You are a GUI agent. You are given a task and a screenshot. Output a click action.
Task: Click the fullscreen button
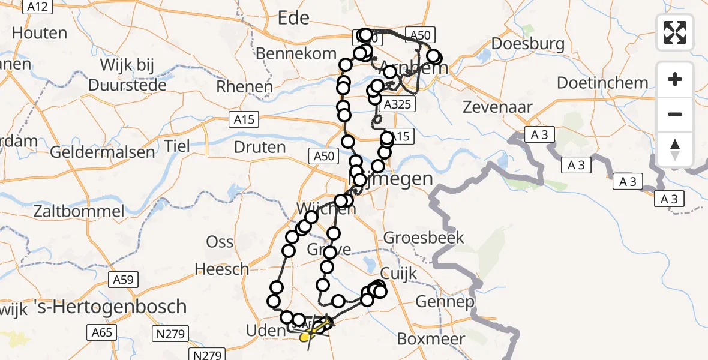[676, 32]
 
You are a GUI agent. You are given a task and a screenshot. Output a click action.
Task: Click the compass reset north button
[676, 149]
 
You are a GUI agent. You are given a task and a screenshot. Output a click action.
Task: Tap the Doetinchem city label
[602, 83]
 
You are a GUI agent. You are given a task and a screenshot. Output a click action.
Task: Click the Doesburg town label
[527, 43]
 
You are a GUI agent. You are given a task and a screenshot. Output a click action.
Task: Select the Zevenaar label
[498, 108]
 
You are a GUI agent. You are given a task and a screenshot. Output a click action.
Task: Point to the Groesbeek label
[424, 237]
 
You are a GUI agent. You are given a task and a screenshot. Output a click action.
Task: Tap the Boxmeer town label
[431, 339]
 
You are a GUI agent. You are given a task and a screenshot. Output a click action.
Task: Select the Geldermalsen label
[102, 152]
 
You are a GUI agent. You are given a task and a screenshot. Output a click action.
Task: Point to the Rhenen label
[244, 86]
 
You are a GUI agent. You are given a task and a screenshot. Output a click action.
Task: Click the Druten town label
[260, 146]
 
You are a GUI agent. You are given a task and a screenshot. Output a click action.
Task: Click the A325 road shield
[397, 104]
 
